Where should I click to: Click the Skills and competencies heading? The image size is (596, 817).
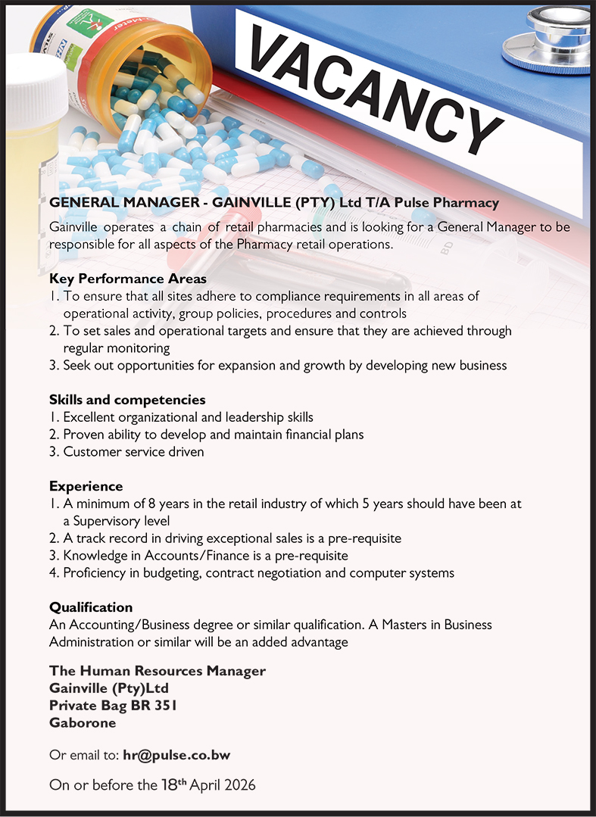coord(127,399)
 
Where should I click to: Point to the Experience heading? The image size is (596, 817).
coord(86,485)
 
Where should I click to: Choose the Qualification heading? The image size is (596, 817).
coord(91,607)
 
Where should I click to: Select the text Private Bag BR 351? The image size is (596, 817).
coord(113,706)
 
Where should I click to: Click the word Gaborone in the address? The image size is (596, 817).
coord(83,722)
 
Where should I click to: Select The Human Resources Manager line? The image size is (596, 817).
coord(158,671)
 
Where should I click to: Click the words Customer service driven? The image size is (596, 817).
coord(133,451)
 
